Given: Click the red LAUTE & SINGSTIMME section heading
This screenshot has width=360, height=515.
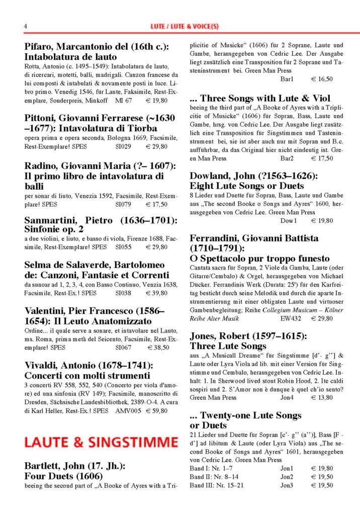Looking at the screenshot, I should (101, 443).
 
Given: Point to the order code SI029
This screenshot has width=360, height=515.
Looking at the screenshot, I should (123, 146).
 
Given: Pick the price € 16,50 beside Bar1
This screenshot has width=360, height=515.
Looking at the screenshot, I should (322, 79).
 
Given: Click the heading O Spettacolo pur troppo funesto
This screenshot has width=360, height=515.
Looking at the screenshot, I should (259, 259).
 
